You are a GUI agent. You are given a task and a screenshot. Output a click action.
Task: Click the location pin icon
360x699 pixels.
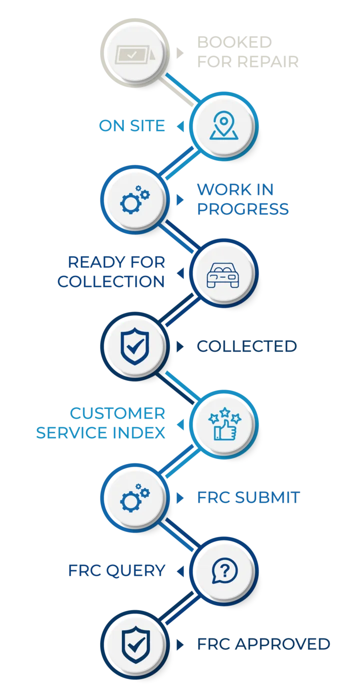(224, 125)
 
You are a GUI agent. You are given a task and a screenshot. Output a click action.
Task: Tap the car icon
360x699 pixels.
(223, 275)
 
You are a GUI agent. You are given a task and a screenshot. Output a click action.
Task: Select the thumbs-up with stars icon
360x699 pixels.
(224, 424)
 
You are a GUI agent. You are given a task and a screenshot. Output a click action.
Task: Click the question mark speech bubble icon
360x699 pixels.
(224, 571)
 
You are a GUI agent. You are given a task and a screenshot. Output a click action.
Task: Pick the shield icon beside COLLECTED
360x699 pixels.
(135, 346)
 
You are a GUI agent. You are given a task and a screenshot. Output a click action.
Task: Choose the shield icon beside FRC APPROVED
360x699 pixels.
(135, 645)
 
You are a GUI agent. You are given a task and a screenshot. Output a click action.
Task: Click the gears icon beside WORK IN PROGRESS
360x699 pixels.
(135, 200)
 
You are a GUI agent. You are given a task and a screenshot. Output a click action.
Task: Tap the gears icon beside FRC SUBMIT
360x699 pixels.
(135, 498)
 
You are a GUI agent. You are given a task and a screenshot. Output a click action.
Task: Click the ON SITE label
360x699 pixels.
(132, 126)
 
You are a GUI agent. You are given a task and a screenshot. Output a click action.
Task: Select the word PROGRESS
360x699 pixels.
(243, 209)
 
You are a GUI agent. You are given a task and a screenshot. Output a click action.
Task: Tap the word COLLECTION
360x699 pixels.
(111, 282)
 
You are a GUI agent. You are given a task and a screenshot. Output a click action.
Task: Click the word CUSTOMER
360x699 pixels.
(118, 413)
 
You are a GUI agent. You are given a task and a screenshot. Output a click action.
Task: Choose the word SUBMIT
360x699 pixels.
(267, 497)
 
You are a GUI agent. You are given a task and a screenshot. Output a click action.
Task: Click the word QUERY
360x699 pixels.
(136, 571)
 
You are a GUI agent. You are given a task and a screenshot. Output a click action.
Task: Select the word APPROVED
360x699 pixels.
(283, 644)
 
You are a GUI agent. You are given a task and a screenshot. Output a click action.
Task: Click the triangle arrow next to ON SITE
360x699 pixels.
(180, 126)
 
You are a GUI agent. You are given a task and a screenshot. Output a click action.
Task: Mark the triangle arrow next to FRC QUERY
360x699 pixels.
(180, 571)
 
